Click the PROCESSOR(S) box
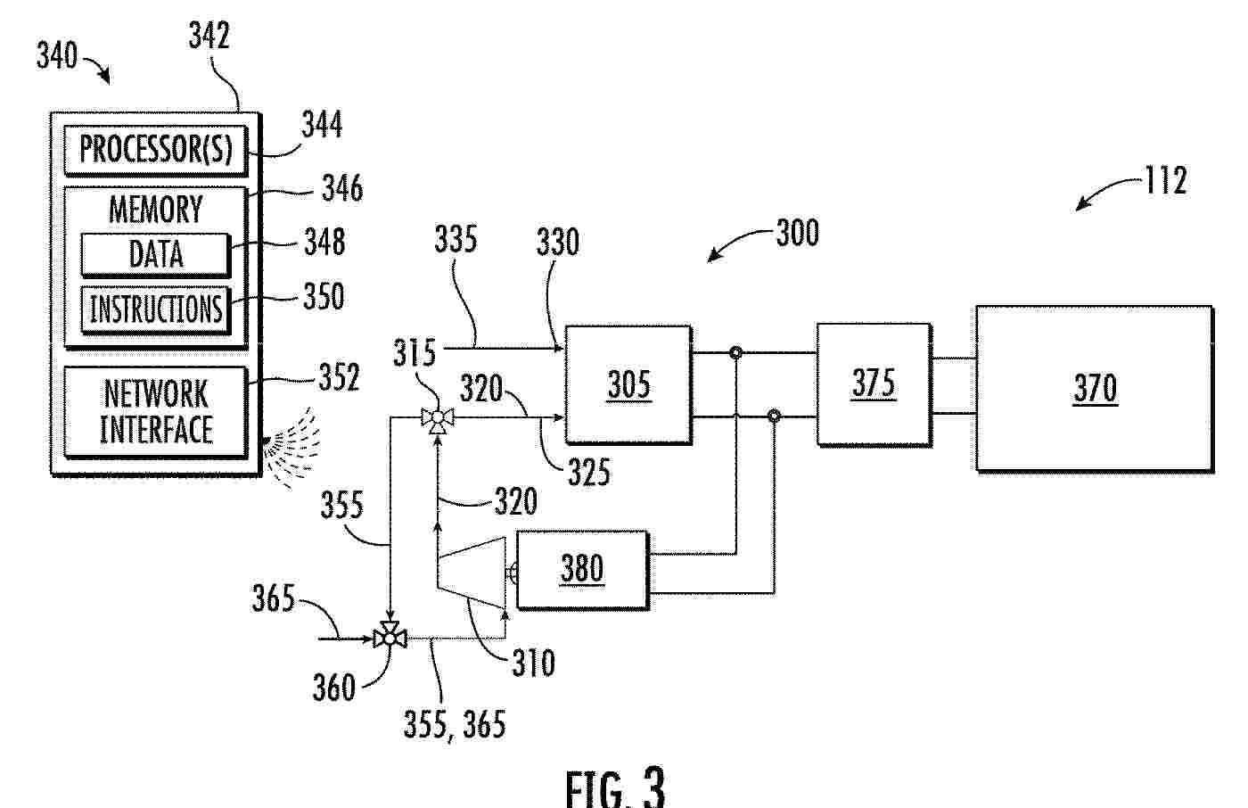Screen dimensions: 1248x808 [x=155, y=151]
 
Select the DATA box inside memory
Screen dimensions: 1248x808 [x=155, y=255]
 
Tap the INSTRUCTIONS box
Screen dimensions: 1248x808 [x=155, y=309]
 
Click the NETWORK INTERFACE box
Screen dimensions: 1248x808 [x=155, y=412]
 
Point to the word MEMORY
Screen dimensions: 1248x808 [x=155, y=210]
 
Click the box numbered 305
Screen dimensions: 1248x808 [x=628, y=385]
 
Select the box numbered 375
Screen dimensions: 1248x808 [x=874, y=384]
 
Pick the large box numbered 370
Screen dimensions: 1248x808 [x=1095, y=389]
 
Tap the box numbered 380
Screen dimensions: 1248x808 [x=583, y=570]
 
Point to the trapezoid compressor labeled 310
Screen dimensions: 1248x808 [x=472, y=572]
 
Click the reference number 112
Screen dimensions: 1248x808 [x=1166, y=180]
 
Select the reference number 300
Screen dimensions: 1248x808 [x=798, y=233]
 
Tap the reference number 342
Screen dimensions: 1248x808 [x=209, y=36]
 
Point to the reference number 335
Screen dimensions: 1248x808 [x=456, y=240]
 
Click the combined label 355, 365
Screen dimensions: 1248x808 [x=455, y=725]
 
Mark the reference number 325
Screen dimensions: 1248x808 [x=589, y=472]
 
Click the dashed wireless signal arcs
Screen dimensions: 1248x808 [x=293, y=448]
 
